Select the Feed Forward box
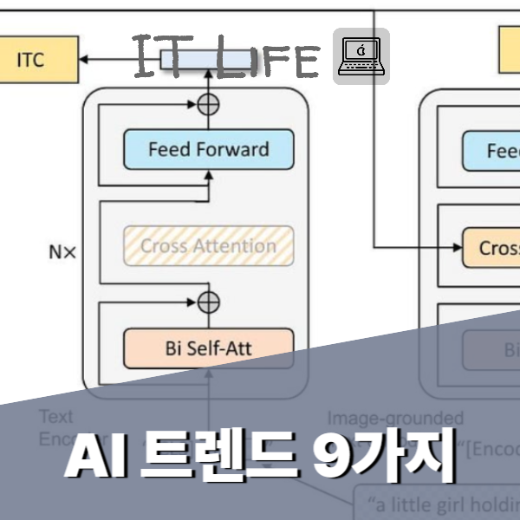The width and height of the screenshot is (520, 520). pos(209,150)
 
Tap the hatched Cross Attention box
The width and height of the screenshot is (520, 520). pos(209,246)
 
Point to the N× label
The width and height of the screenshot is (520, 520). pos(62,253)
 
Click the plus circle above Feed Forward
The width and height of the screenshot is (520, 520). pos(209,105)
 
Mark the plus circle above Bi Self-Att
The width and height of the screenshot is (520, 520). pos(209,302)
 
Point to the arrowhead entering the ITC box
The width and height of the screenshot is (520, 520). pos(83,59)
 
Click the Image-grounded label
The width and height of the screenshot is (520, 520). pos(394,419)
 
